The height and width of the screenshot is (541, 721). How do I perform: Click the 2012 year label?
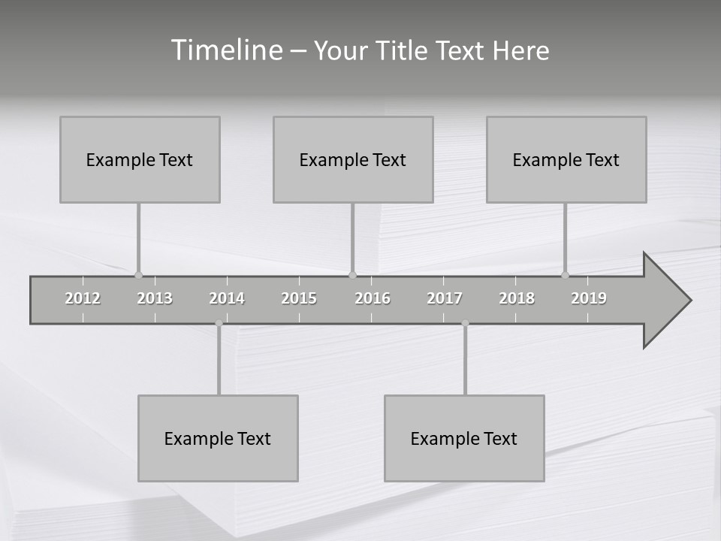pos(83,298)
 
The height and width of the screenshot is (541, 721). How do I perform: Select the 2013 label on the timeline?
pos(155,298)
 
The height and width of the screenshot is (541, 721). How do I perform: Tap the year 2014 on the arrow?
pos(227,298)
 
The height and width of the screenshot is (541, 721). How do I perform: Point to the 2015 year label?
pos(299,298)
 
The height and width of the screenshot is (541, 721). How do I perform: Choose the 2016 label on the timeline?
pos(373,298)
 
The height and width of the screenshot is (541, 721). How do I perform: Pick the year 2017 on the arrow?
pos(445,298)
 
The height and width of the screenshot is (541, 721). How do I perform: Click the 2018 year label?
pos(517,298)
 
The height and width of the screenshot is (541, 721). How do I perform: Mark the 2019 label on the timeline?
pos(589,298)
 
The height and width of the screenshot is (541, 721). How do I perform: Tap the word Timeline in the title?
pos(226,50)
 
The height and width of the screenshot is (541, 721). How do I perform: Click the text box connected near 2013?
pos(140,159)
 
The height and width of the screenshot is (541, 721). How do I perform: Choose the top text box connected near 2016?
pos(353,159)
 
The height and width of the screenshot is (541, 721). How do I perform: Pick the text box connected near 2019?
pos(566,159)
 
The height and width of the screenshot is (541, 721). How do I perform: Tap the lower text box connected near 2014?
pos(218,438)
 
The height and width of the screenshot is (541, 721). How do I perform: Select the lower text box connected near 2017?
pos(464,438)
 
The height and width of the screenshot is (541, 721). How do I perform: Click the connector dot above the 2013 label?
pos(138,275)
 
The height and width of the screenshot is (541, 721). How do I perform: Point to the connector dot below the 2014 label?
pos(219,323)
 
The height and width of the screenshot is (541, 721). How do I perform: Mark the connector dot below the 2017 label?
pos(465,323)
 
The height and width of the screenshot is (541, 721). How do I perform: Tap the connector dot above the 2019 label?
pos(565,275)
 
